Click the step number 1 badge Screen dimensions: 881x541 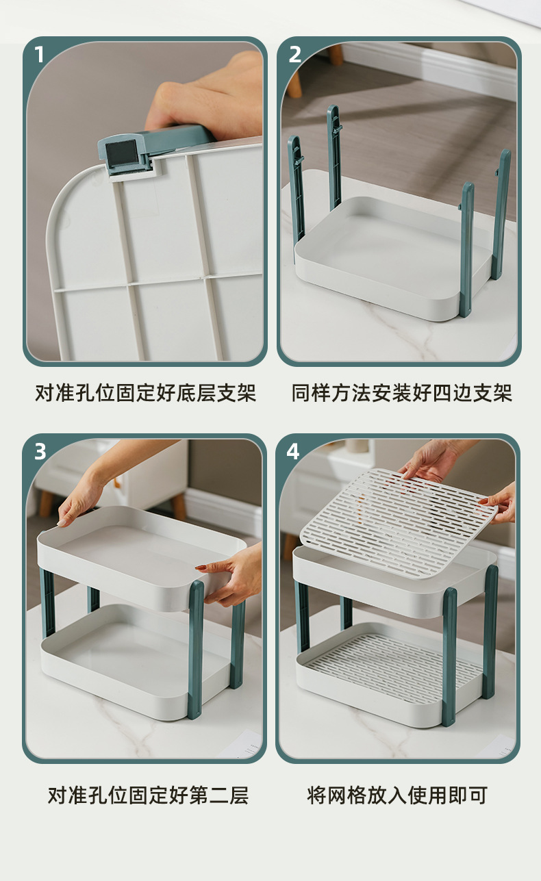(39, 54)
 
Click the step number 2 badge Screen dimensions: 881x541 (294, 54)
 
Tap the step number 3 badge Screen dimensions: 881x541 (40, 451)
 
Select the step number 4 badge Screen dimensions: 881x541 (293, 451)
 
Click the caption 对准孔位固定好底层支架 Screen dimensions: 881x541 (145, 394)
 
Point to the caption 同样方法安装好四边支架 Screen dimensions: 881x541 (401, 394)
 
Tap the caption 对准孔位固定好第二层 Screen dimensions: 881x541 (147, 795)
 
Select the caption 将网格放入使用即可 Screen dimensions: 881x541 (397, 795)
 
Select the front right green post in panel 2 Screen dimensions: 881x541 (466, 250)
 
